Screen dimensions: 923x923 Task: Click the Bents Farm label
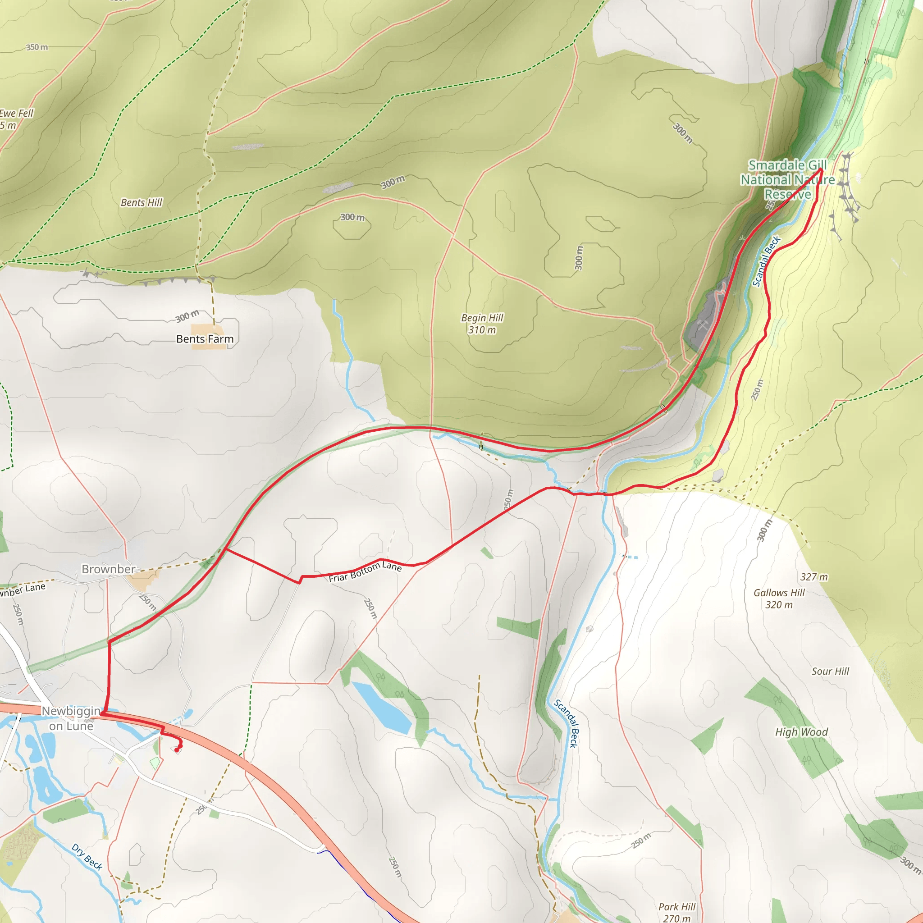click(205, 339)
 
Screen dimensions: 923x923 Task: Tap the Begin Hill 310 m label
click(482, 324)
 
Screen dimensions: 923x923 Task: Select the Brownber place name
click(109, 569)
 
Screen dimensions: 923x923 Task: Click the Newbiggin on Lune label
click(71, 718)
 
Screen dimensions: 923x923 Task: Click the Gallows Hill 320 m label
click(779, 599)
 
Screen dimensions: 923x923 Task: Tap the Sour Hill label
click(830, 671)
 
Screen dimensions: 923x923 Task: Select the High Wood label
click(801, 732)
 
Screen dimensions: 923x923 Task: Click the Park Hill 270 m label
click(676, 912)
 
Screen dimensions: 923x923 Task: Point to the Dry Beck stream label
click(87, 857)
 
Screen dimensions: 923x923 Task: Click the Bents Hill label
click(142, 202)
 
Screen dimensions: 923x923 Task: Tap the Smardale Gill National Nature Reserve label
click(787, 180)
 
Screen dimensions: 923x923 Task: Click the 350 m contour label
click(37, 47)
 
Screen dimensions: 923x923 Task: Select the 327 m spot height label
click(813, 576)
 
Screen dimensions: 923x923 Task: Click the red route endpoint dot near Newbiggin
click(177, 750)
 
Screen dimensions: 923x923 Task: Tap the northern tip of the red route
click(821, 169)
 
